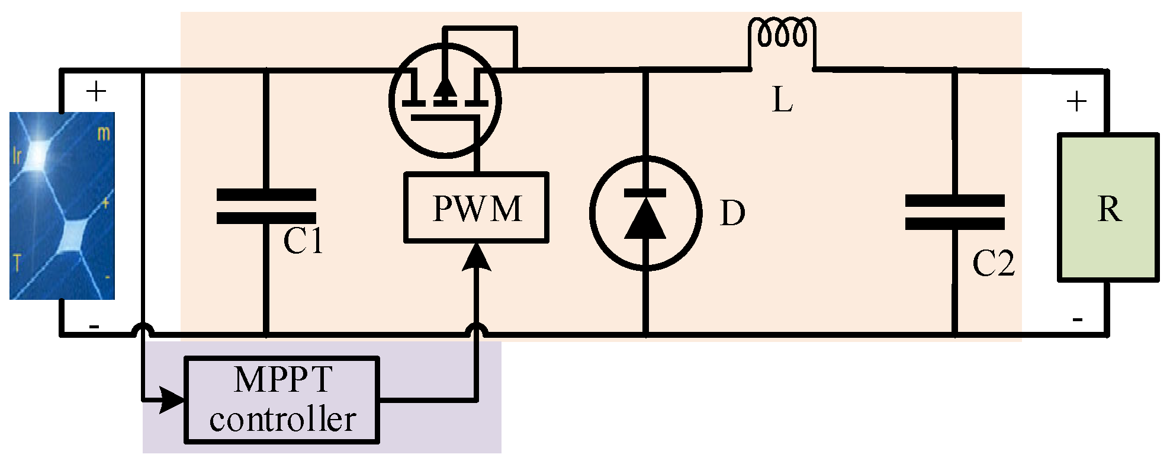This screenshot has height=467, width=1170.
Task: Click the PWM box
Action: click(x=476, y=207)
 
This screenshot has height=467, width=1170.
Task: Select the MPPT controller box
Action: click(x=282, y=399)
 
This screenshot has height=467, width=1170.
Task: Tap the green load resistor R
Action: click(x=1108, y=207)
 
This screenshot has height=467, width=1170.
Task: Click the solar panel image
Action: click(x=62, y=206)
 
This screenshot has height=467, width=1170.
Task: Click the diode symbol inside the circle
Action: click(x=645, y=213)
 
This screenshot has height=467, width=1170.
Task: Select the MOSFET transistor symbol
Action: click(x=445, y=101)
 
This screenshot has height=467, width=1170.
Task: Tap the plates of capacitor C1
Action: click(x=266, y=206)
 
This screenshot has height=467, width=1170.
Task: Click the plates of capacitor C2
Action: click(x=954, y=212)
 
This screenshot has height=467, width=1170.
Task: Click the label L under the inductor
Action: click(x=782, y=100)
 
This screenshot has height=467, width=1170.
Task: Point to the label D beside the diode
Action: click(x=732, y=213)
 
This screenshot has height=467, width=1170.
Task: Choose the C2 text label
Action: click(x=993, y=264)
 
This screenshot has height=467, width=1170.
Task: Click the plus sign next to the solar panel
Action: click(x=96, y=92)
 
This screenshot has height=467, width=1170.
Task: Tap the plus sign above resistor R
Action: click(x=1076, y=102)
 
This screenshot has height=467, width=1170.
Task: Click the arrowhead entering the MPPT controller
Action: click(x=173, y=400)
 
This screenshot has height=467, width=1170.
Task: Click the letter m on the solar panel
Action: click(x=104, y=133)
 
